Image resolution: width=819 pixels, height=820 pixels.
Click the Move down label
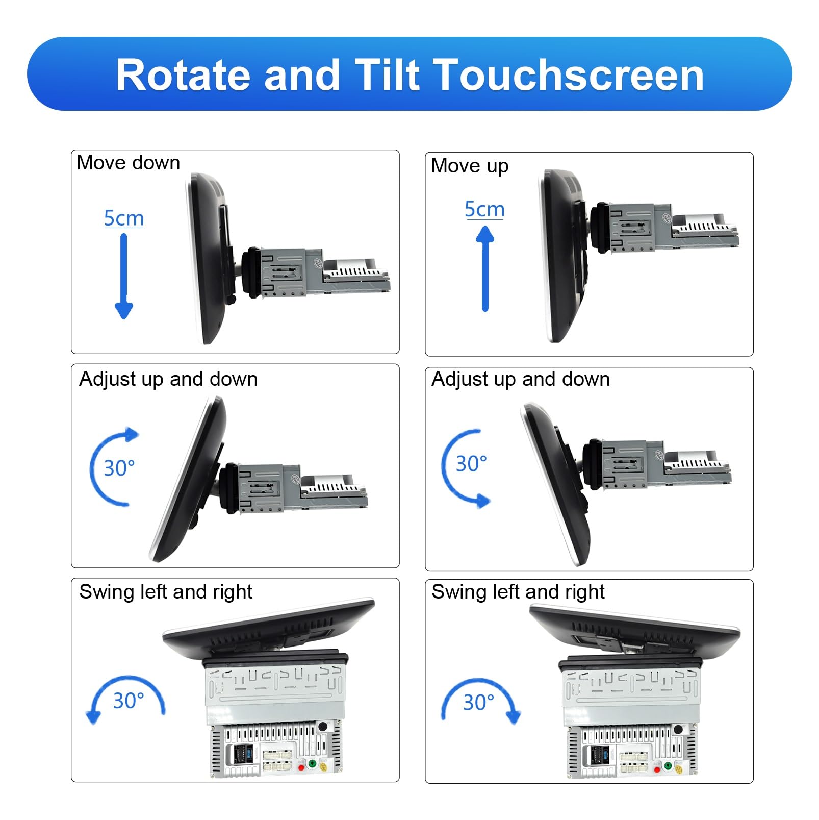point(129,163)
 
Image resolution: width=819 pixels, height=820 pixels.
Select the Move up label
point(470,166)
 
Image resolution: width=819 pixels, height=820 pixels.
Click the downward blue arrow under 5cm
point(124,276)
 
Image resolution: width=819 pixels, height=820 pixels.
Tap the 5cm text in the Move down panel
point(124,218)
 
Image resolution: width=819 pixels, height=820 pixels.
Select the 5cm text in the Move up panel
point(484,210)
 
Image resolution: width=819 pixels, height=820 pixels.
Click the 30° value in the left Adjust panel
point(119,468)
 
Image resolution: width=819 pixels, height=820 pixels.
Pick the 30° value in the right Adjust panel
point(471,464)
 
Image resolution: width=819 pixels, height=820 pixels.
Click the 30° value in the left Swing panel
point(129,701)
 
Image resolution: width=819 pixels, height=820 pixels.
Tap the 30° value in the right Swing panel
point(479,702)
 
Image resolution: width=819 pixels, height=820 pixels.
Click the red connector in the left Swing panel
point(301,767)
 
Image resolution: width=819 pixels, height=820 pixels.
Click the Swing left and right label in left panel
point(166,592)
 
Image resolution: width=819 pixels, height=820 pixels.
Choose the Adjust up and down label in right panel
point(521,379)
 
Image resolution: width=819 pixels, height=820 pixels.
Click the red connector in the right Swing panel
point(657,769)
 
